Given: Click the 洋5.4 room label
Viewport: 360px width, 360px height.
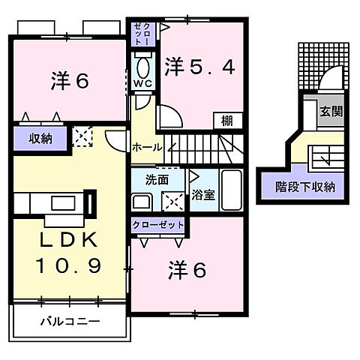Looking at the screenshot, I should tap(200, 67).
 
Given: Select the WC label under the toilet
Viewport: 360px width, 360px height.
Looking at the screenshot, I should tap(144, 83).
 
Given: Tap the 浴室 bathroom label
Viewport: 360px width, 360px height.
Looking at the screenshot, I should tap(202, 195).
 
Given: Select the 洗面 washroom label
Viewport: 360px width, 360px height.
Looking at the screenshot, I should tap(156, 180).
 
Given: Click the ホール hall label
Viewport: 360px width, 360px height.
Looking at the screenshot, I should tap(147, 148).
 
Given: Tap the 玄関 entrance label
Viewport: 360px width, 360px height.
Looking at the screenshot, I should tap(331, 112).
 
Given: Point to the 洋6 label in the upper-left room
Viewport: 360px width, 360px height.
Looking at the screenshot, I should tap(70, 79).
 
